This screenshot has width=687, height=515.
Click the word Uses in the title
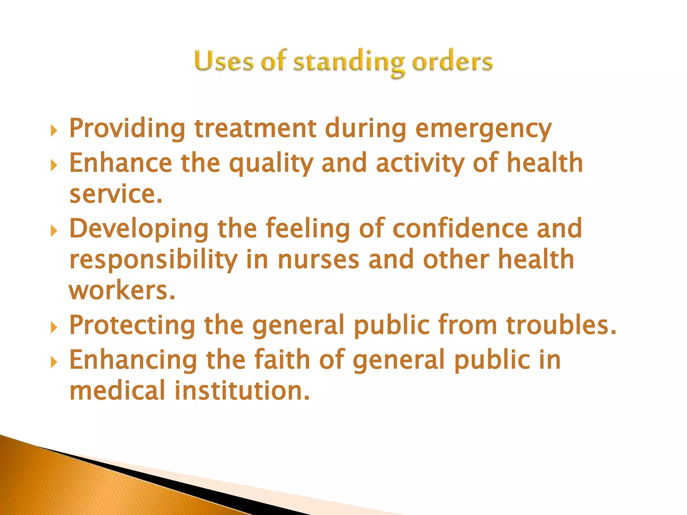click(x=223, y=61)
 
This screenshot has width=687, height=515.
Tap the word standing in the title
click(x=349, y=62)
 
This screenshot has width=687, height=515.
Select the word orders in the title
click(x=452, y=62)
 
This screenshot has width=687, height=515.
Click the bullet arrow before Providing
click(x=54, y=131)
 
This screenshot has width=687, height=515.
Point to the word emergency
click(x=483, y=129)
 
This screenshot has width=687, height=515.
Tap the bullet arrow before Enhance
click(x=54, y=165)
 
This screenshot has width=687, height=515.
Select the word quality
click(x=271, y=164)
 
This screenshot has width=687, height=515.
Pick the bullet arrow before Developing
click(x=54, y=231)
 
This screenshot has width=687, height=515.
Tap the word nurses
click(x=318, y=260)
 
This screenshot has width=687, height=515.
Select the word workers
click(x=122, y=290)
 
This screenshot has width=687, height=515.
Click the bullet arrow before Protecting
click(x=54, y=328)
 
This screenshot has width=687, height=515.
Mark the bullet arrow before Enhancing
click(x=54, y=362)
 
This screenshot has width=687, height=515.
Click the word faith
click(x=282, y=359)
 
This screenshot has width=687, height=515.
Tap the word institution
click(x=242, y=391)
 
